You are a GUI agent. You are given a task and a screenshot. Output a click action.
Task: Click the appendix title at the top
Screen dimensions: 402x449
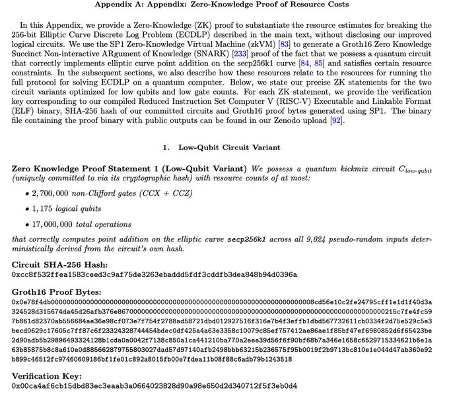click(x=224, y=5)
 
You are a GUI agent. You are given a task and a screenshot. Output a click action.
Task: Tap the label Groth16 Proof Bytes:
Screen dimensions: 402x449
click(x=56, y=292)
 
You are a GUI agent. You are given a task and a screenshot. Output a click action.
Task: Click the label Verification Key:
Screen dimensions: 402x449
click(x=47, y=375)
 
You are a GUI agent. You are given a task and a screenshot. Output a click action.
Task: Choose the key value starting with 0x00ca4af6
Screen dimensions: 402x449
click(x=155, y=385)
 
